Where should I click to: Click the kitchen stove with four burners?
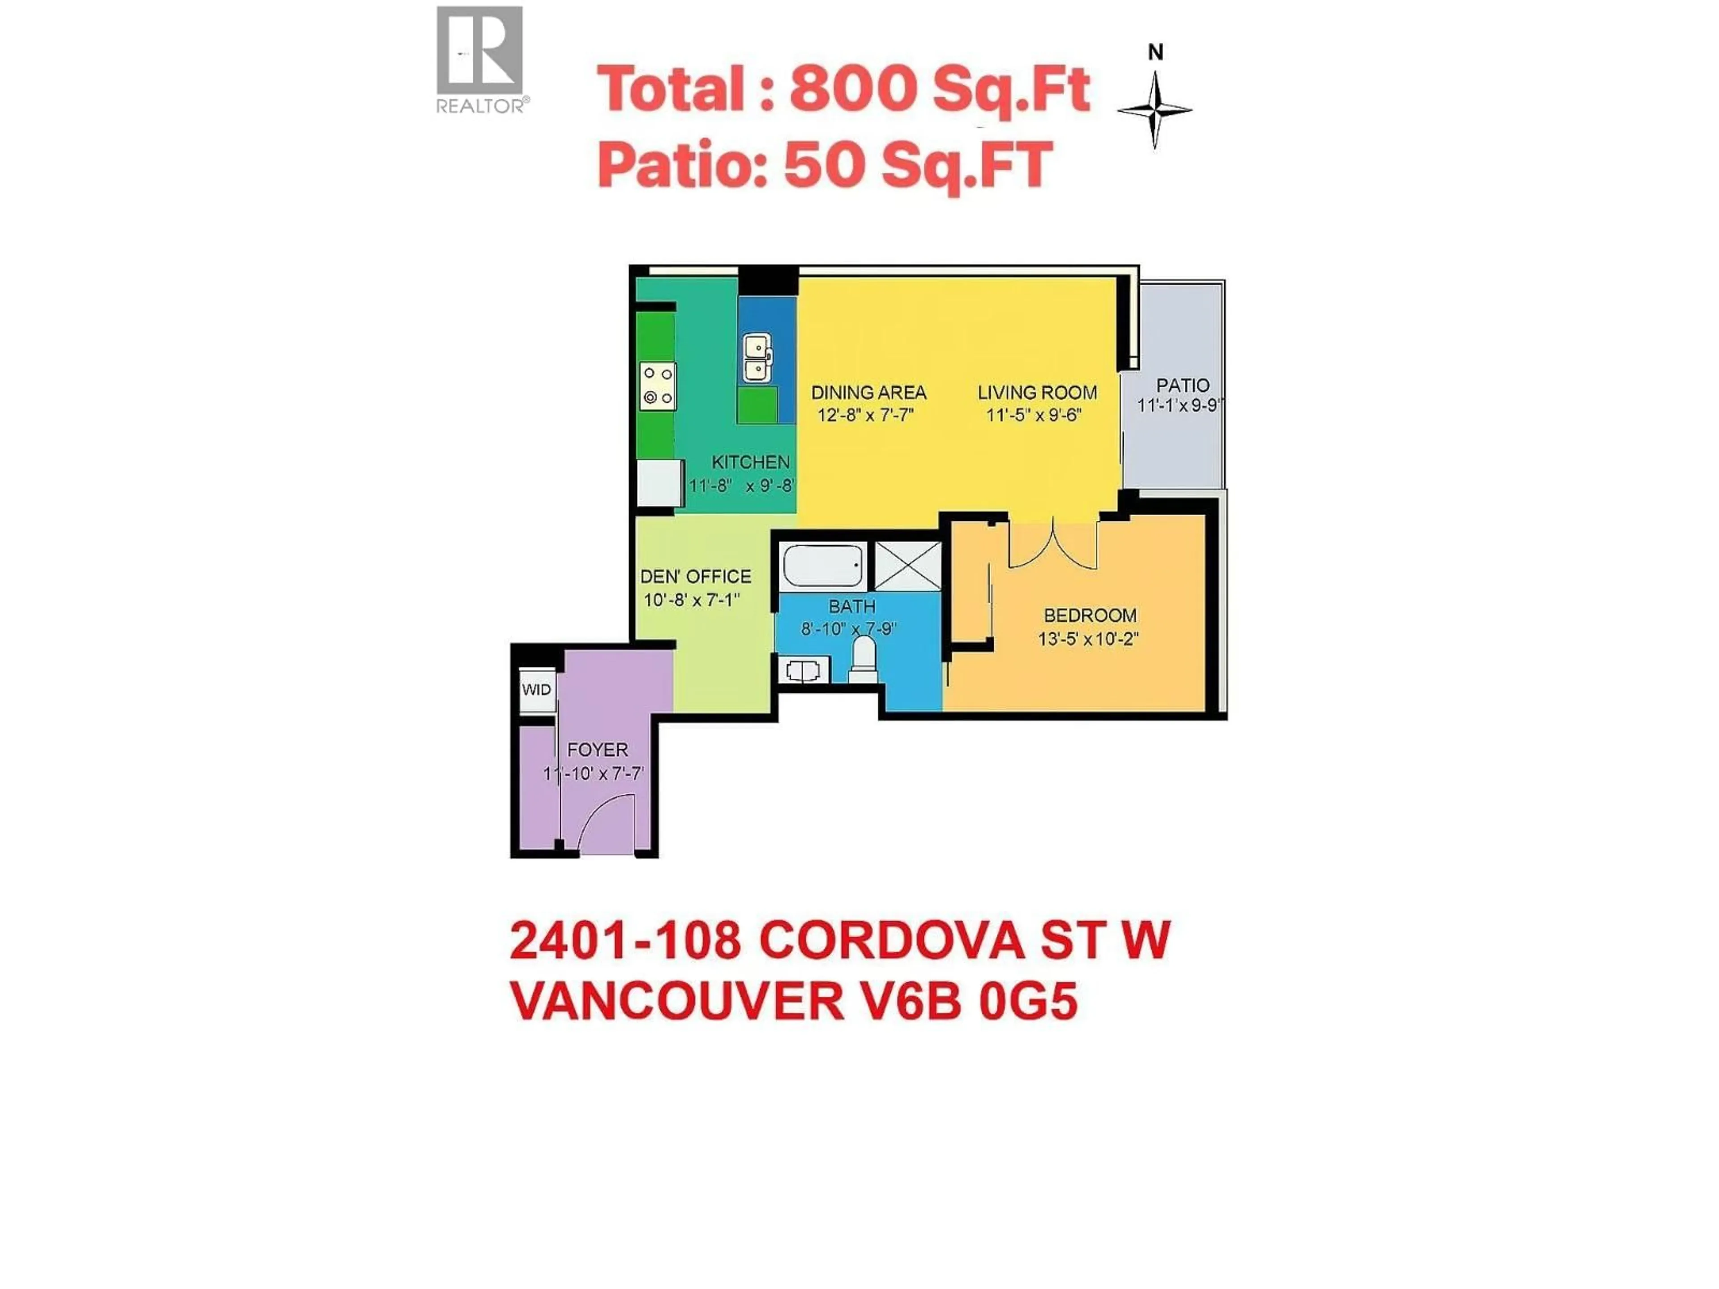tap(658, 386)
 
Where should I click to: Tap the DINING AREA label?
tap(869, 393)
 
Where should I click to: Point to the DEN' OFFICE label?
tap(696, 576)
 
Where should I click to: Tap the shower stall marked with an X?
tap(908, 566)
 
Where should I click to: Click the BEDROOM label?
tap(1090, 615)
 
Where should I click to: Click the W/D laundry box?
tap(536, 690)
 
